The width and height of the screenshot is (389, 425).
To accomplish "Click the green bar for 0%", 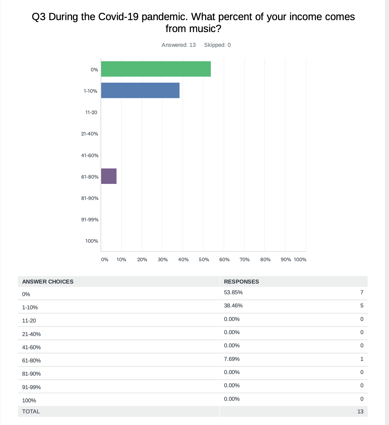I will point(156,69).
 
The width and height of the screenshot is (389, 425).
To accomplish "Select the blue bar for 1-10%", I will point(140,91).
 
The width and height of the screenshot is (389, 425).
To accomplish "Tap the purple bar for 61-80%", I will point(109,176).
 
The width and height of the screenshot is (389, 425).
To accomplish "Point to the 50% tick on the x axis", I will point(204,260).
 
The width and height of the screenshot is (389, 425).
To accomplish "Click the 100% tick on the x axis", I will point(300,260).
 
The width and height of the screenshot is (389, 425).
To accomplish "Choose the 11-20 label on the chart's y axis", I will point(91,112).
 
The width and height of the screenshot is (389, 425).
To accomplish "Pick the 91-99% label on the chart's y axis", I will point(90,219).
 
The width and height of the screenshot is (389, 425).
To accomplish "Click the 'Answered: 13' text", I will point(178,45).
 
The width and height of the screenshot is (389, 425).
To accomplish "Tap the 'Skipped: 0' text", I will point(217,45).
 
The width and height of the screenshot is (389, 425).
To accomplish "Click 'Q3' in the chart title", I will point(39,17).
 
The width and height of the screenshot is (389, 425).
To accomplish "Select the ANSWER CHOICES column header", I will point(48,282).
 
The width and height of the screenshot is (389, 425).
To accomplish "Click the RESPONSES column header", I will point(241,282).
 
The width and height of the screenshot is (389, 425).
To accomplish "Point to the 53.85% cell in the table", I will point(233,292).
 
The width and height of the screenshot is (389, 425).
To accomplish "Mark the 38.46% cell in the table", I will point(233,306).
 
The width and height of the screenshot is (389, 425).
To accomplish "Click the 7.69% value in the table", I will point(232,359).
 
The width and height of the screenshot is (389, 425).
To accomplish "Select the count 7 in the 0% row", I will point(362,292).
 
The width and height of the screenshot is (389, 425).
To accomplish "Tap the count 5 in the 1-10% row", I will point(362,306).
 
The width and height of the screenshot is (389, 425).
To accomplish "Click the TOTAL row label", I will point(31,411).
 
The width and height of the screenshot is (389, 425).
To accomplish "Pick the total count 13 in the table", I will point(360,411).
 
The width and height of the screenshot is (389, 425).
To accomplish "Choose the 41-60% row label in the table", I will point(31,347).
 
